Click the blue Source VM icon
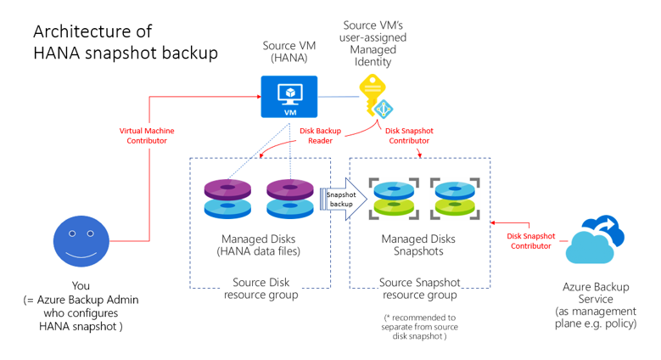point(288,98)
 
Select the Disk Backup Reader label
point(320,136)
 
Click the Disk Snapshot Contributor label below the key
point(409,136)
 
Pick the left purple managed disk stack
point(227,199)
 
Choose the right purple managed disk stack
point(290,199)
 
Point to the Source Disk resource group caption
point(260,289)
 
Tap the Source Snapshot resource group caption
point(419,289)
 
